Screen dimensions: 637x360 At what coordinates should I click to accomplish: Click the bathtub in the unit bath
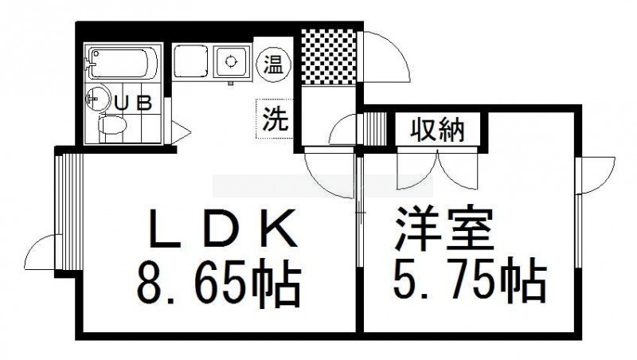tap(123, 64)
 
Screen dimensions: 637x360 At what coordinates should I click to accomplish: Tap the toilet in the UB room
tap(112, 125)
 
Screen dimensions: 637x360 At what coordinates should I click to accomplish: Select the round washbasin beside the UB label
tap(98, 98)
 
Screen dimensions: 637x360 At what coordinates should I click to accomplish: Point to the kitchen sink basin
tap(191, 62)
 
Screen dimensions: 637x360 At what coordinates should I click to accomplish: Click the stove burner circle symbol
tap(231, 61)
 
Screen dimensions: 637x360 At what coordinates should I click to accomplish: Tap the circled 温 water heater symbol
tap(274, 65)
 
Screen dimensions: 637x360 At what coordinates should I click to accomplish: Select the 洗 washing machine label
tap(275, 119)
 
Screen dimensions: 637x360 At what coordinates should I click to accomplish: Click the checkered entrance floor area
tap(329, 57)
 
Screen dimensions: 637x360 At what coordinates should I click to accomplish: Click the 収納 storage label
tap(436, 130)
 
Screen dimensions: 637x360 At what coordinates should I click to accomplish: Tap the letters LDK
tap(223, 229)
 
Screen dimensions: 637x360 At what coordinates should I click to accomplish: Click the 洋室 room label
tap(444, 229)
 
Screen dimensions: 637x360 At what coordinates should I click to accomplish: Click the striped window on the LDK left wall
tap(68, 213)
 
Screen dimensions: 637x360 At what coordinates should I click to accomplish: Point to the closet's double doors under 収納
tap(437, 169)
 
